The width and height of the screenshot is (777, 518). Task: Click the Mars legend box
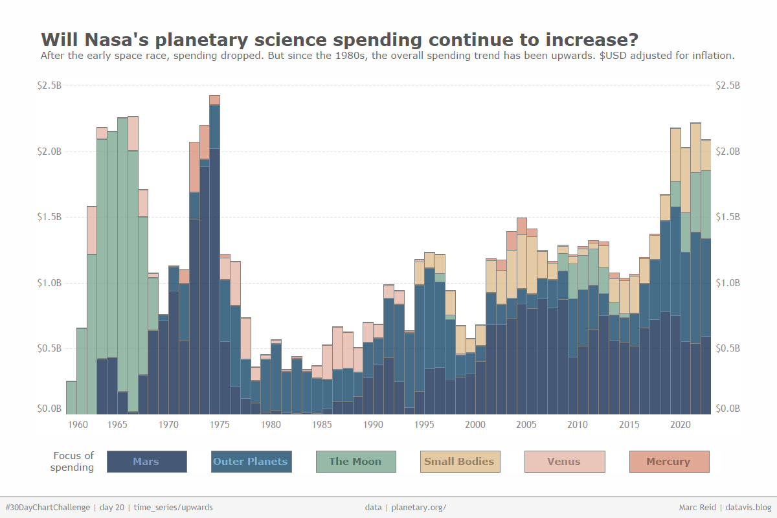pyautogui.click(x=146, y=462)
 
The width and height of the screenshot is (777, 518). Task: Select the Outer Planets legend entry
pyautogui.click(x=251, y=462)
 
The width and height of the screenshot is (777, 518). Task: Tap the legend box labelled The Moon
pyautogui.click(x=355, y=462)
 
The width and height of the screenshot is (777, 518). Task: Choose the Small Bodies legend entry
pyautogui.click(x=460, y=462)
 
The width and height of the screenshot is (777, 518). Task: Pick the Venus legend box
pyautogui.click(x=564, y=462)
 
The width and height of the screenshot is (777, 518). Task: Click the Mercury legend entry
pyautogui.click(x=669, y=462)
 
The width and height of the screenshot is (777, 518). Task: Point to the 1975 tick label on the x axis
pyautogui.click(x=220, y=425)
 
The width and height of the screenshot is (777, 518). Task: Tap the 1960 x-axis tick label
pyautogui.click(x=78, y=425)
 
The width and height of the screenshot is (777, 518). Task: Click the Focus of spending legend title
pyautogui.click(x=73, y=462)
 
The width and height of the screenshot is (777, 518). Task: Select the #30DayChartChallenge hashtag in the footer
pyautogui.click(x=47, y=508)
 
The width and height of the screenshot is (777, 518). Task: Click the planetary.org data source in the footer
pyautogui.click(x=419, y=508)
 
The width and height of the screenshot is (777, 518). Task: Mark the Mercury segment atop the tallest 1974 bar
pyautogui.click(x=215, y=100)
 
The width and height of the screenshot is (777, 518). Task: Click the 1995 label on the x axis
pyautogui.click(x=425, y=425)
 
